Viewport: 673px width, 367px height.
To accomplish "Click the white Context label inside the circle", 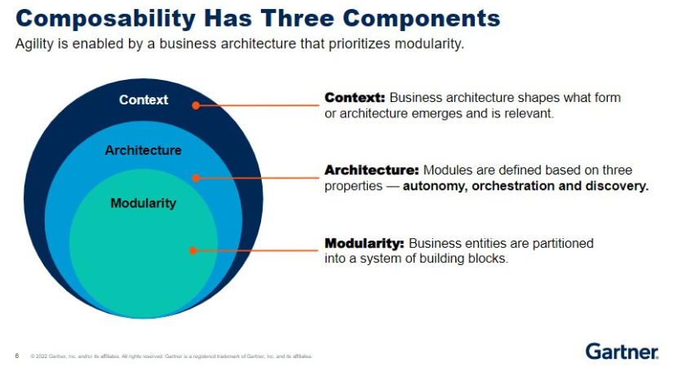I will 144,99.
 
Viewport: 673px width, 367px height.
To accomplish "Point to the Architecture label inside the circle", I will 144,150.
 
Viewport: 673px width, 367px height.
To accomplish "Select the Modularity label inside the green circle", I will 144,202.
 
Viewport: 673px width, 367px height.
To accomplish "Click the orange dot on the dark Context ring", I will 196,105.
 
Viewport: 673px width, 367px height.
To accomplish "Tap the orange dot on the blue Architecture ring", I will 195,177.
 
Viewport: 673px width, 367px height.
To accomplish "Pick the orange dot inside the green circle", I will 193,250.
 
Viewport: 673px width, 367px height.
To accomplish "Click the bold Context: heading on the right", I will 355,98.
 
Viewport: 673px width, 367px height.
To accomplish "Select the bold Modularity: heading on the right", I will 365,243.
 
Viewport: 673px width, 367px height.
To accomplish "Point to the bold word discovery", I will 616,186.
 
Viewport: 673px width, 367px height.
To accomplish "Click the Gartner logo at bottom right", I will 622,352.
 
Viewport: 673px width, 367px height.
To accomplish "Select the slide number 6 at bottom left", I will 17,356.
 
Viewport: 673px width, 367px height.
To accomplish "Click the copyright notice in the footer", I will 171,356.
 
